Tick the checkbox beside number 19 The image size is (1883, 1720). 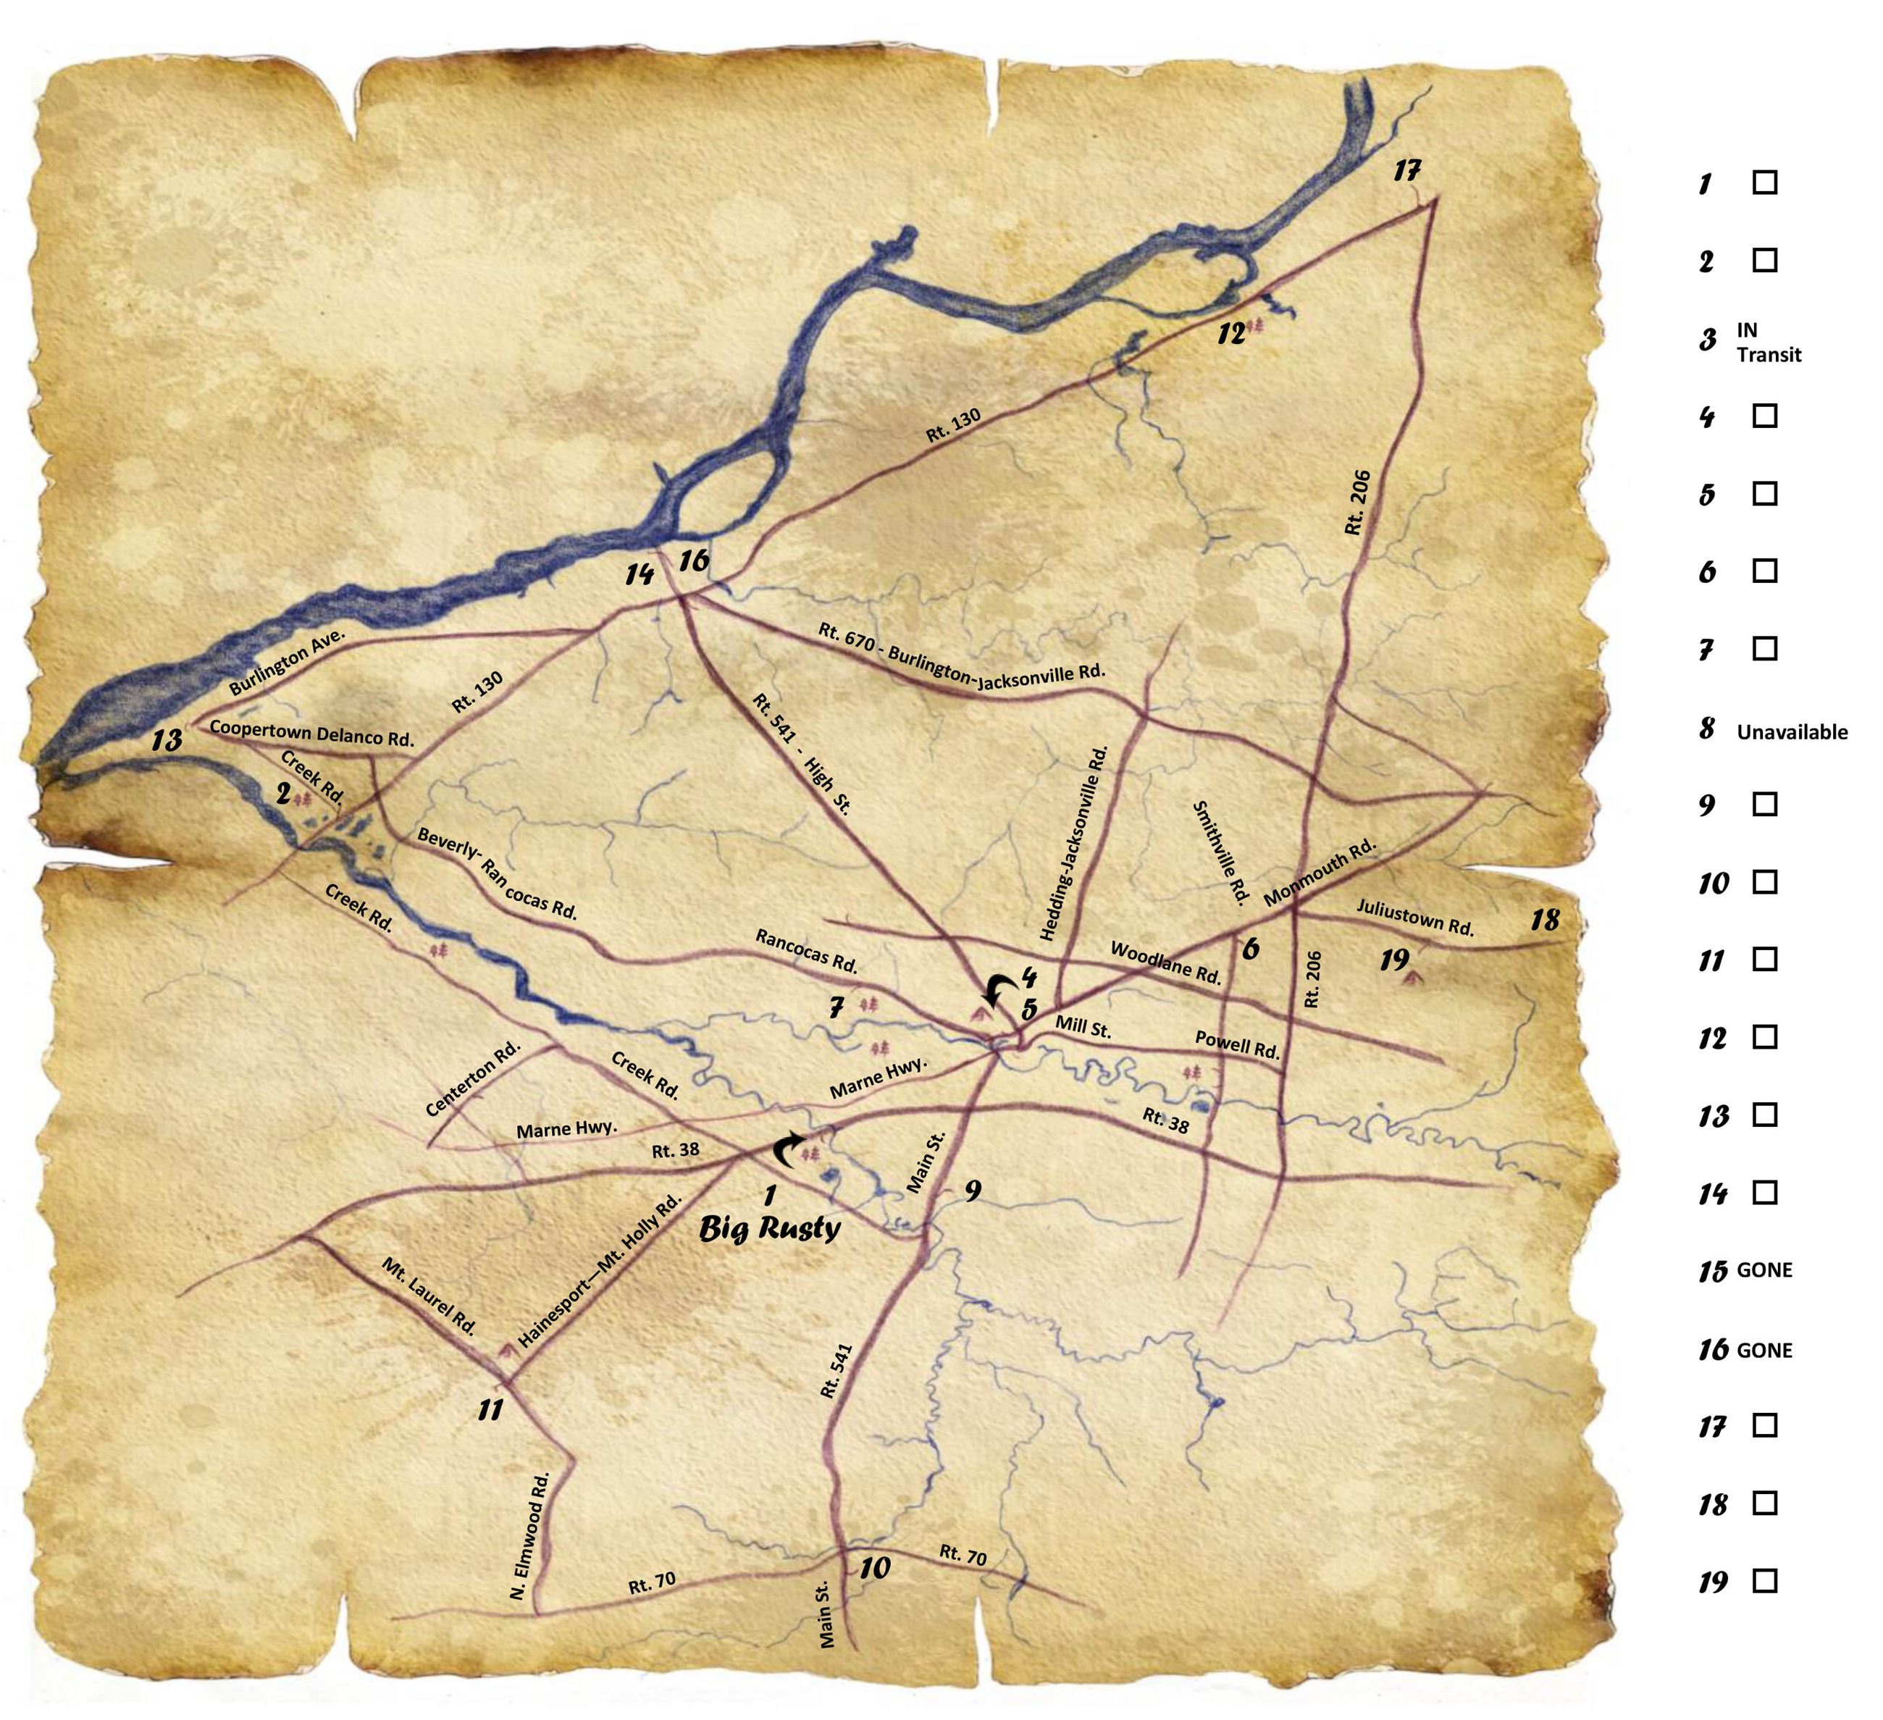(x=1764, y=1581)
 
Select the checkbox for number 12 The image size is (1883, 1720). (x=1764, y=1036)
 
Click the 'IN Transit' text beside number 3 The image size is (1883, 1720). (x=1768, y=342)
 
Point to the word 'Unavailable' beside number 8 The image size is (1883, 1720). (x=1792, y=732)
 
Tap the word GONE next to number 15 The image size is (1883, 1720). (x=1764, y=1270)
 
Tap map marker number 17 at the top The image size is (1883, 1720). (x=1406, y=171)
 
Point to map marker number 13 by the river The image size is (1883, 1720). (x=168, y=740)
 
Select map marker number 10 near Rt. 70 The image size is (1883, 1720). (x=874, y=1568)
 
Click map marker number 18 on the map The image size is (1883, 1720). (x=1545, y=920)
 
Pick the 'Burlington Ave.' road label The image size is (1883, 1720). (x=287, y=662)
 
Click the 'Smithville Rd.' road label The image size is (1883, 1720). (x=1221, y=852)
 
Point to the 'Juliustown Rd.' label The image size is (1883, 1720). (x=1415, y=917)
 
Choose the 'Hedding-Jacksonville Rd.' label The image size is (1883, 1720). (x=1074, y=842)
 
